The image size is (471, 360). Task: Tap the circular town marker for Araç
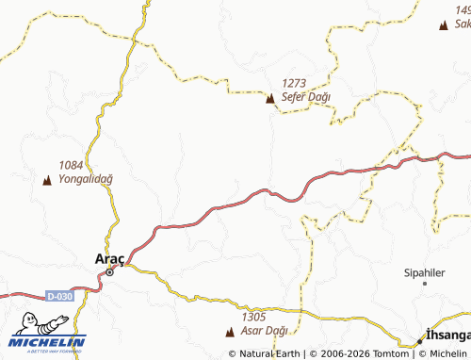point(109,270)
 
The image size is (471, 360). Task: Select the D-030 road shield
point(59,296)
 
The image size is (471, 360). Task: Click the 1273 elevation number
point(295,83)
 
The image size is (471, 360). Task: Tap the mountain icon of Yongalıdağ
point(47,179)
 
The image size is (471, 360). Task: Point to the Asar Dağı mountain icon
point(232,332)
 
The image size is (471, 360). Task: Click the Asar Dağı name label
point(264,331)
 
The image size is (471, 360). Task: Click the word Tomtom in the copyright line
point(391,353)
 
